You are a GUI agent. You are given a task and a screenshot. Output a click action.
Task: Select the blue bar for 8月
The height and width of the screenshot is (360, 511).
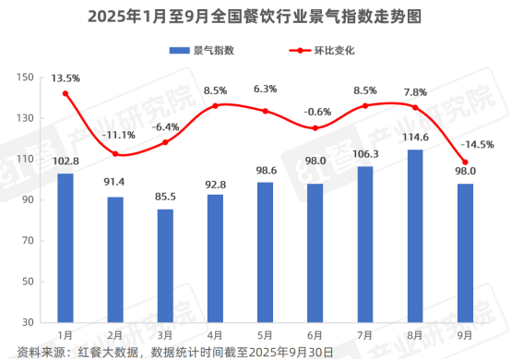point(415,235)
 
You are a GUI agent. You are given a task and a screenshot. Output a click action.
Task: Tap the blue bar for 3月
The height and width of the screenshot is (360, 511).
point(165,265)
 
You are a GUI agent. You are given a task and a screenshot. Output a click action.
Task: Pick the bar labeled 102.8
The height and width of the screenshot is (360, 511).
point(65,247)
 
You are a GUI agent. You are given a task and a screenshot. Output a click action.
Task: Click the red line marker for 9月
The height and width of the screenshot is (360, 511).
point(465,162)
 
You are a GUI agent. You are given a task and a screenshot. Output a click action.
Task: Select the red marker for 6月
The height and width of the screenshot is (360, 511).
point(315,128)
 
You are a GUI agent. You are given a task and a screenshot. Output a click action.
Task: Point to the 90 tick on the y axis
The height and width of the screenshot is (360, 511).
point(25,199)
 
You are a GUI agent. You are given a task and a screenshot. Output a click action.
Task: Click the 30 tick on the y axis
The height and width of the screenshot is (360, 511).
point(25,321)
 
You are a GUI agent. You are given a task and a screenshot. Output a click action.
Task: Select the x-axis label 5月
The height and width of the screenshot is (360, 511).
point(265,333)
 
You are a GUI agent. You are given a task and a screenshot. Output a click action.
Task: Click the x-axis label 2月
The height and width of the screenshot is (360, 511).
point(115,333)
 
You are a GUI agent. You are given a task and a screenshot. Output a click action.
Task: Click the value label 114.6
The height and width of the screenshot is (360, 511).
point(415,138)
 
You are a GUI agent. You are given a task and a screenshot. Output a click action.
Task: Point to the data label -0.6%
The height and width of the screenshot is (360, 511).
point(315,111)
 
